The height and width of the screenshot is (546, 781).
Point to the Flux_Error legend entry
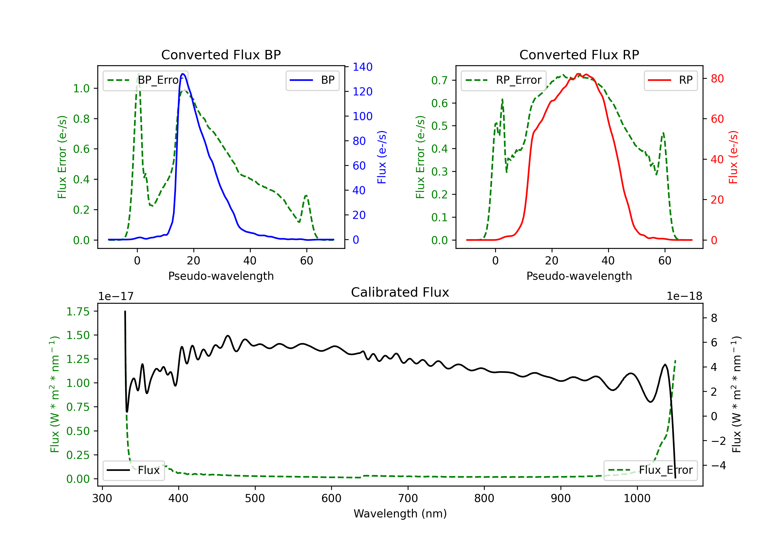pos(650,470)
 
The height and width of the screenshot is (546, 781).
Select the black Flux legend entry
pos(134,471)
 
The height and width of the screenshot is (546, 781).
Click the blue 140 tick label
pos(362,67)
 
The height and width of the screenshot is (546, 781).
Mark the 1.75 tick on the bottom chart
pos(78,311)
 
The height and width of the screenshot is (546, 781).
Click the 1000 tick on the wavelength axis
pos(637,498)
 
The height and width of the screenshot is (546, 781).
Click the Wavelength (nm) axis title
pos(400,514)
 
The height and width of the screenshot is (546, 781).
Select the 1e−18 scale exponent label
pos(684,296)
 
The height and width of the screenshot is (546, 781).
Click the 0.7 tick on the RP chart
pos(439,81)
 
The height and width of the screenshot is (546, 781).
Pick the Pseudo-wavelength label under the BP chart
pos(221,276)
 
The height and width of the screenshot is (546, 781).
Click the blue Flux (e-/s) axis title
pos(382,157)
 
